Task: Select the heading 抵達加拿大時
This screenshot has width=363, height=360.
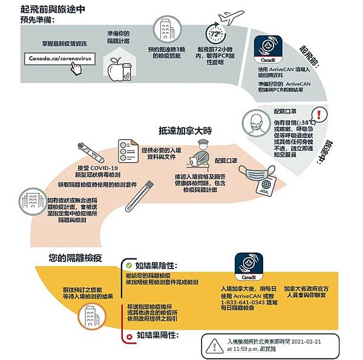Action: click(186, 129)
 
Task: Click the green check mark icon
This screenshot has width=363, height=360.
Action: click(128, 265)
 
